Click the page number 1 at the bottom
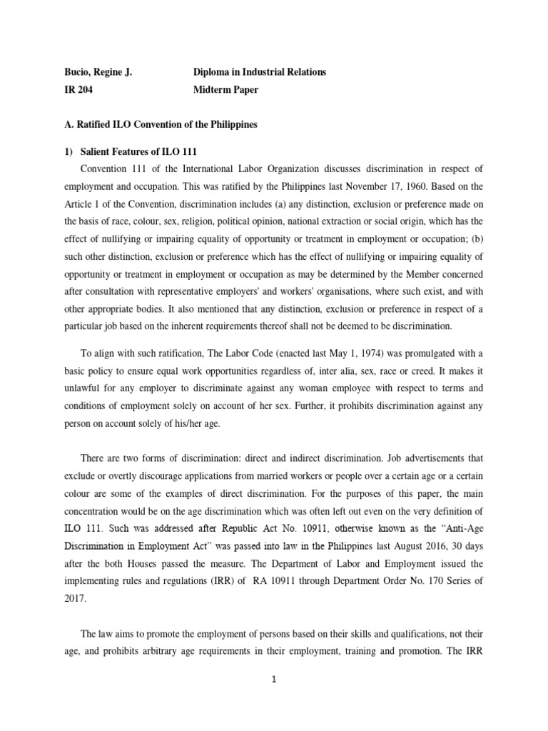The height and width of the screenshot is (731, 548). tap(274, 680)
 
